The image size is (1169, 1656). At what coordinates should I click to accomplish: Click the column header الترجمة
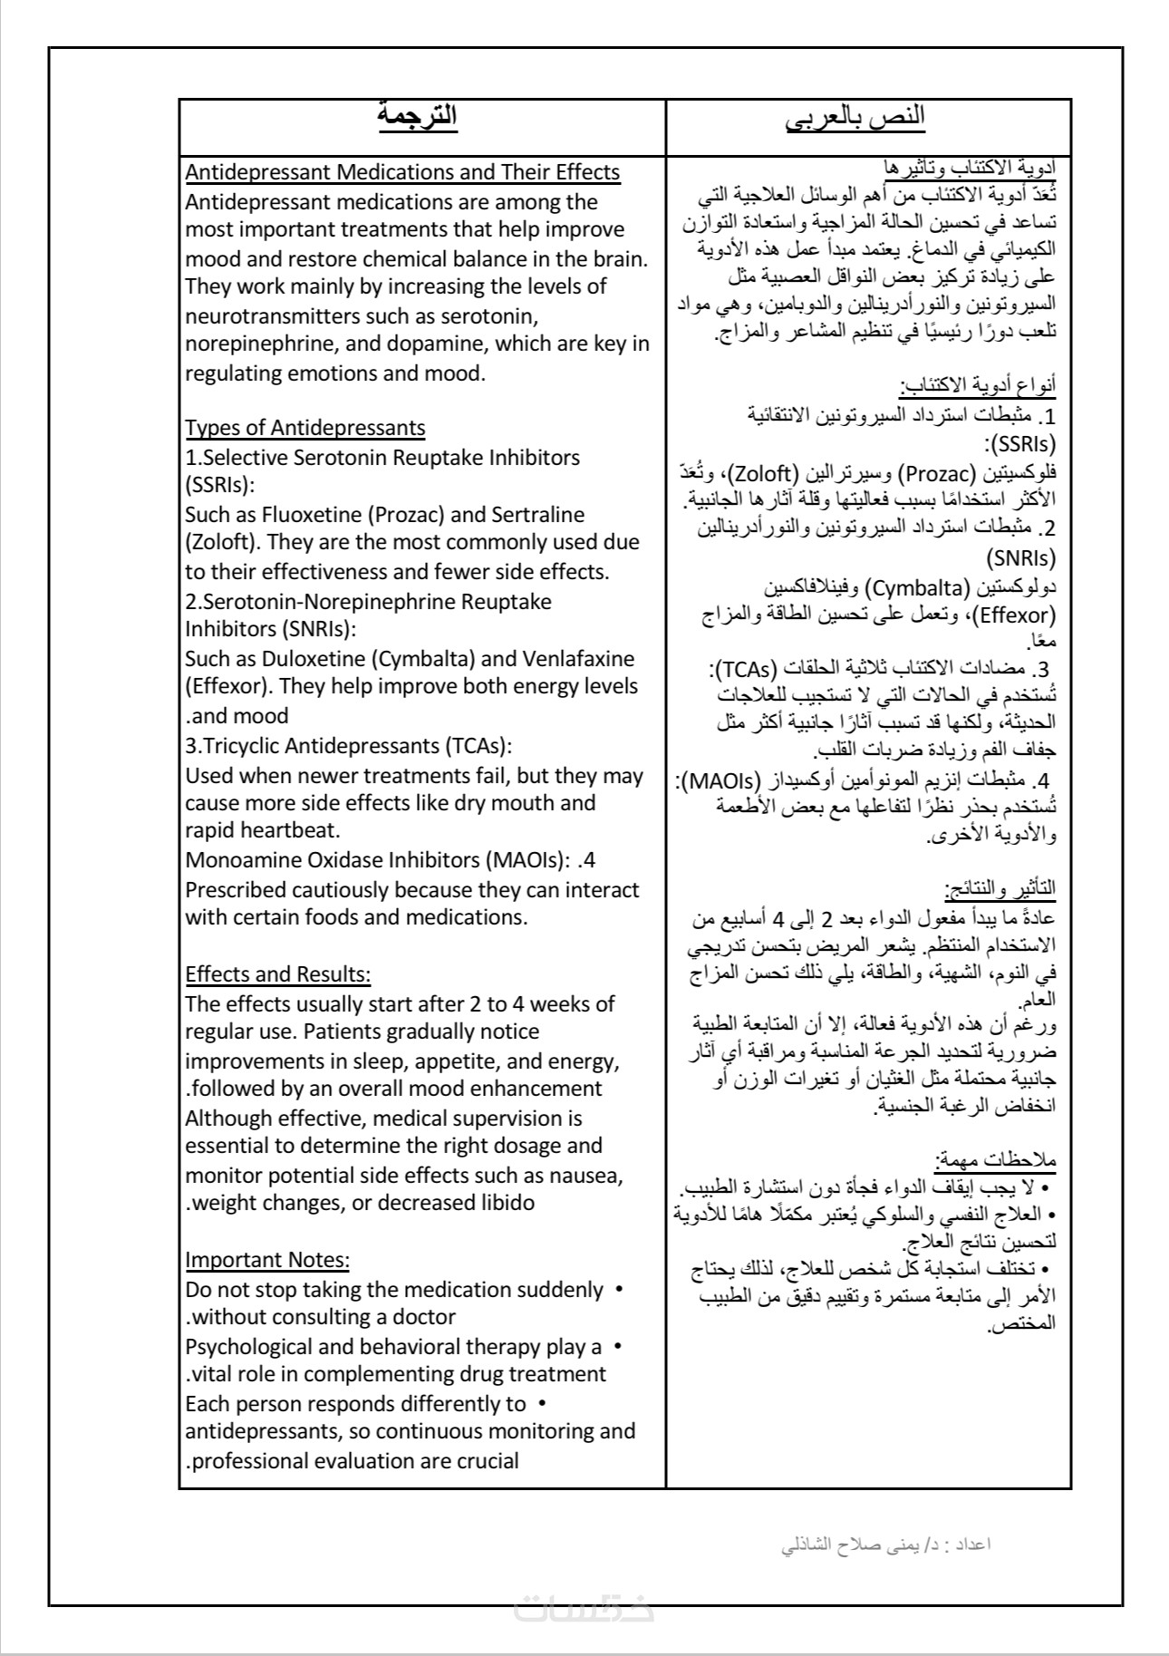tap(418, 118)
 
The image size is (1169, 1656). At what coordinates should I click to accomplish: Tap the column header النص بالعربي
tap(868, 118)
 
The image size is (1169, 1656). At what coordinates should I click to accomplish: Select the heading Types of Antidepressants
tap(305, 428)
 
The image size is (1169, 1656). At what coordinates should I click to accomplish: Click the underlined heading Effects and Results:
tap(278, 974)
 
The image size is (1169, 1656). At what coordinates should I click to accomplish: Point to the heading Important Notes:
tap(267, 1260)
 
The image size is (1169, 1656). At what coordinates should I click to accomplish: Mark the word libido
tap(502, 1203)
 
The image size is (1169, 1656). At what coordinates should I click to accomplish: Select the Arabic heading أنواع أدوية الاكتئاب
tap(978, 386)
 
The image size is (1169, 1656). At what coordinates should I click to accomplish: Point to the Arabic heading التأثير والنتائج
tap(1000, 887)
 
